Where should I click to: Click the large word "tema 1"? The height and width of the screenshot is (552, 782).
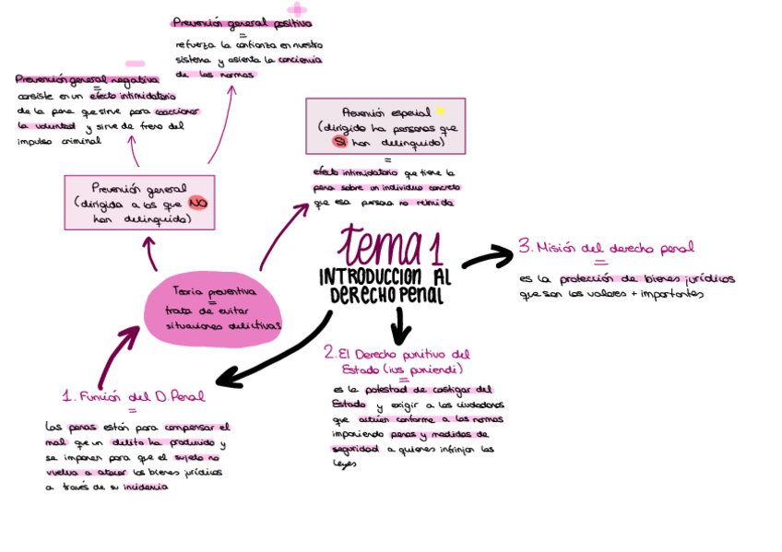coord(390,246)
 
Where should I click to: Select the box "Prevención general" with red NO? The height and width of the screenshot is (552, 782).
coord(139,202)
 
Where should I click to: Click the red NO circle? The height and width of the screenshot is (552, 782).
coord(197,204)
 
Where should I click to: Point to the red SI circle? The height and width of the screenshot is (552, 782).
coord(340,143)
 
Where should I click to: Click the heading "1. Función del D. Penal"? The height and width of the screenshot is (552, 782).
coord(134,396)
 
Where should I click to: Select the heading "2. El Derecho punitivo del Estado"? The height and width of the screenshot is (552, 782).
coord(397,360)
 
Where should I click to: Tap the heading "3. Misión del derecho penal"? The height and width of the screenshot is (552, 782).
coord(606,247)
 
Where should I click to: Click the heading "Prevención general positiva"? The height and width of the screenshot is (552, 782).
coord(242,23)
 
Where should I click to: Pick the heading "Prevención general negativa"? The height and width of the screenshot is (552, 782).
coord(87,80)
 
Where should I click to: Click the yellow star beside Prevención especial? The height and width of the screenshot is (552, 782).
coord(440,111)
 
